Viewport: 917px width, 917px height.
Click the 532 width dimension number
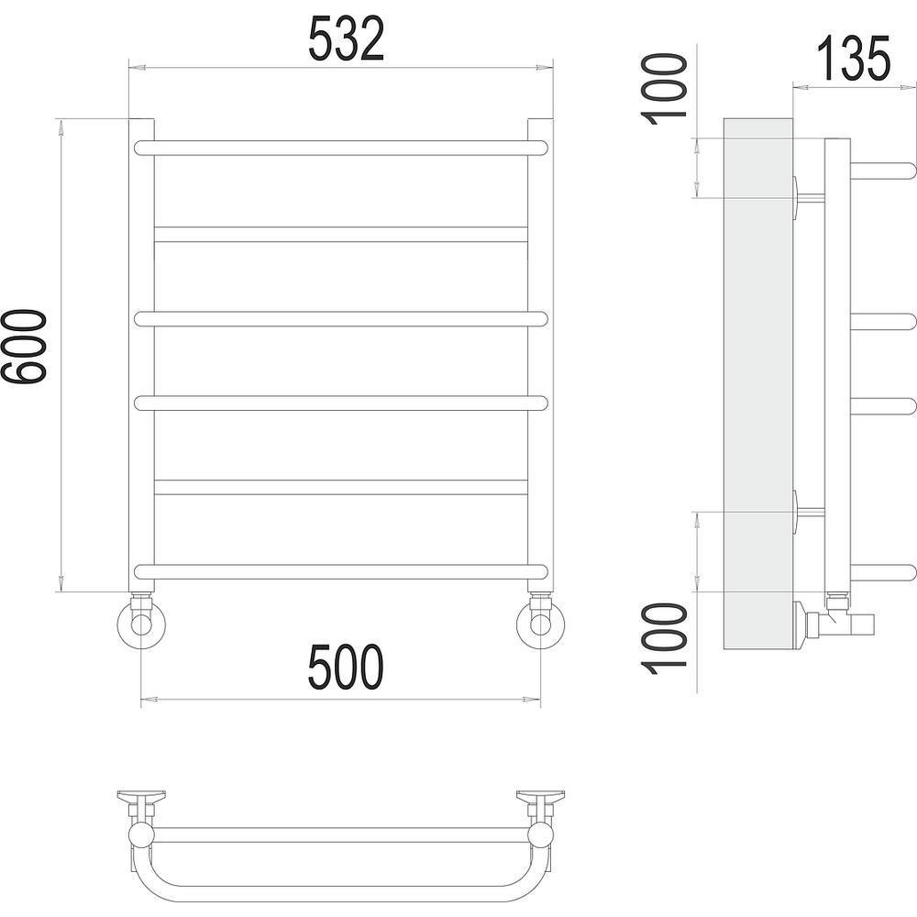coord(347,39)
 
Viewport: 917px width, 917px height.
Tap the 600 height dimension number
coord(24,347)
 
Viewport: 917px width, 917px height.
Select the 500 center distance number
coord(346,667)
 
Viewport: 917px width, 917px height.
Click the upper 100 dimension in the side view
coord(664,89)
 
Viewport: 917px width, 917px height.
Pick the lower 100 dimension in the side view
coord(664,638)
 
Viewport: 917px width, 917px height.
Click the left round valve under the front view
coord(141,623)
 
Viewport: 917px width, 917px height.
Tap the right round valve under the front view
coord(540,623)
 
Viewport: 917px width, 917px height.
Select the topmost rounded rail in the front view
coord(341,148)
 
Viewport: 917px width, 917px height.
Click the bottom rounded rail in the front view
coord(341,572)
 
